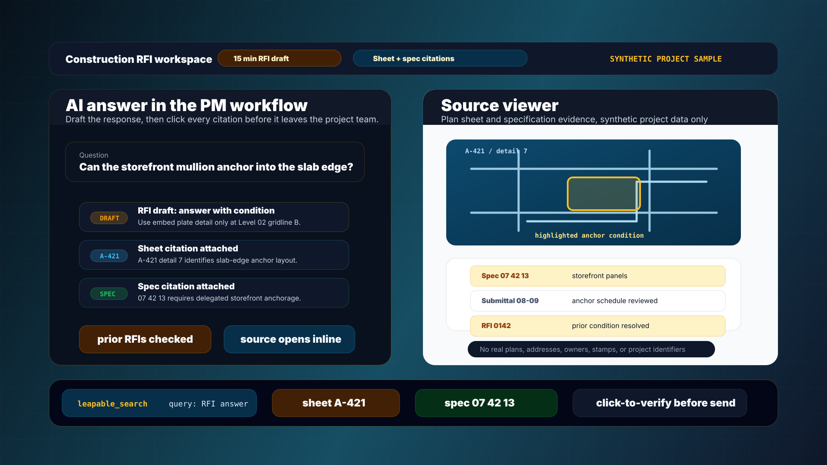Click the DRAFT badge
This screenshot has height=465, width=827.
[x=109, y=218]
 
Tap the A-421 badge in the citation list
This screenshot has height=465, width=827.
[x=109, y=256]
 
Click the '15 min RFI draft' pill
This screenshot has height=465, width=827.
[x=280, y=58]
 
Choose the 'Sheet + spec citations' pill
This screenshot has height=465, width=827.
[x=440, y=58]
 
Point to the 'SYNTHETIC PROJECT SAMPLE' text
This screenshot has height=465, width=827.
[x=665, y=59]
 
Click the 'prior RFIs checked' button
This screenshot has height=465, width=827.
[x=145, y=339]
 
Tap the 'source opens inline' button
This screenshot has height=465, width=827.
[x=289, y=339]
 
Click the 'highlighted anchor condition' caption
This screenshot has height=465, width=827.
[x=589, y=236]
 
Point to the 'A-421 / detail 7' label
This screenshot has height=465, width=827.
[x=496, y=151]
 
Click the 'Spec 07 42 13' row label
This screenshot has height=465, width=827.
[x=505, y=276]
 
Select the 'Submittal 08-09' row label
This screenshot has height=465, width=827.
[x=510, y=301]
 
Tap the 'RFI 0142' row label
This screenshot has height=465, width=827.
[x=496, y=326]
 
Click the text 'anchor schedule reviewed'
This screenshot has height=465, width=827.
[x=615, y=301]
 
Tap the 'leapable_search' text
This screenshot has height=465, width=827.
[x=112, y=404]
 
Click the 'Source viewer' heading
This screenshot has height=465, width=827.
[x=500, y=105]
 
